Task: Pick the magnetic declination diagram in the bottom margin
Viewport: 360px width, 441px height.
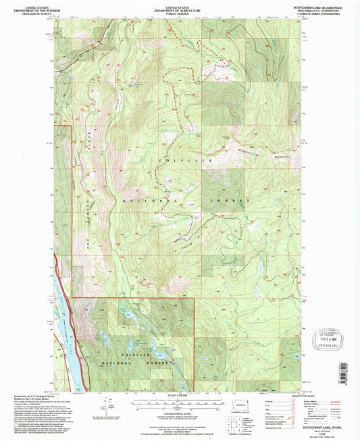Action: tap(105, 405)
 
